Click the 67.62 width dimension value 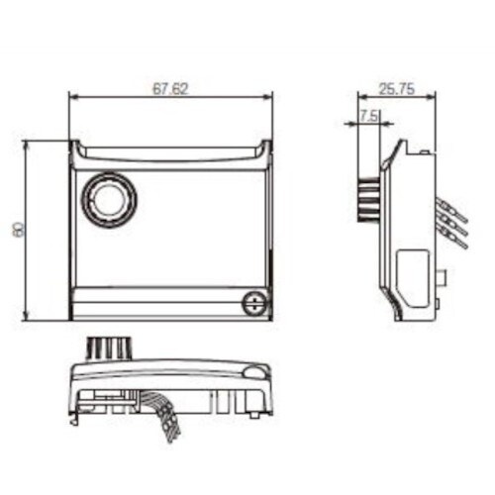coord(171,88)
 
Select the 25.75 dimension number coord(396,89)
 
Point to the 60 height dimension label coord(18,230)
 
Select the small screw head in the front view coord(255,303)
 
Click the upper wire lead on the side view coord(451,209)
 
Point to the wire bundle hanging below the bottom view coord(162,414)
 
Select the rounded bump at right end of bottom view coord(256,372)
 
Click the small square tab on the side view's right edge coord(442,278)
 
